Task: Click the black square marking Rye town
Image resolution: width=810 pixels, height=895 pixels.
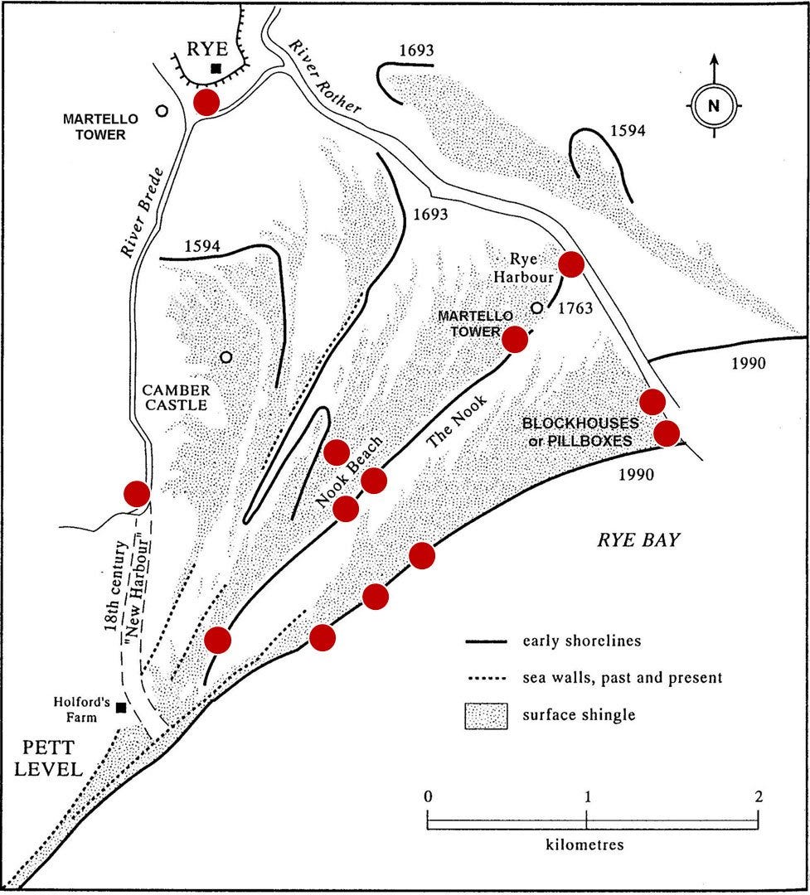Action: [216, 68]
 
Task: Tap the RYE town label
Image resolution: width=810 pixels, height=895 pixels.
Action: [208, 49]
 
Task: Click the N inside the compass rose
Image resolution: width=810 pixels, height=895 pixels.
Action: [714, 105]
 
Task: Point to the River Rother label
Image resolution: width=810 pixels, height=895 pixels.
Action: [325, 77]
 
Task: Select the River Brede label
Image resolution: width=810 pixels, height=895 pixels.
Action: [142, 212]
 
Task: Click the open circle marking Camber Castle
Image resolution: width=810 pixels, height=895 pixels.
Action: [226, 356]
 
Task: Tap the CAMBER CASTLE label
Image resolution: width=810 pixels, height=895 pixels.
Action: [176, 398]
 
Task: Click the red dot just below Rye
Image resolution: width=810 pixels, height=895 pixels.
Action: [206, 103]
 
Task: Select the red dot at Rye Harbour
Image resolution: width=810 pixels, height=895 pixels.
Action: [571, 264]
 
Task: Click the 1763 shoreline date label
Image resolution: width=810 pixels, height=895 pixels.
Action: [575, 309]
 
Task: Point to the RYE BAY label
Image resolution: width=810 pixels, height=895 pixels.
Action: [638, 540]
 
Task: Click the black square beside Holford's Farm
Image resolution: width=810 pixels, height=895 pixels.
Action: [120, 707]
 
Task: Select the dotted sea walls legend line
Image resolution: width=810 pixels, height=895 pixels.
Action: [486, 679]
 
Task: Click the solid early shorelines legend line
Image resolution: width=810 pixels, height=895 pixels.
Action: [486, 642]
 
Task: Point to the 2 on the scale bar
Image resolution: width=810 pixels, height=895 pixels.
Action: [758, 796]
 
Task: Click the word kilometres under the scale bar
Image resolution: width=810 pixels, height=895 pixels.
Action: [584, 844]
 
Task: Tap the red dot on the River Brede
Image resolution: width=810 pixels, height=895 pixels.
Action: [137, 494]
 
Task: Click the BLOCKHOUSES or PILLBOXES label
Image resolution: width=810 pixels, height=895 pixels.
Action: [580, 432]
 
